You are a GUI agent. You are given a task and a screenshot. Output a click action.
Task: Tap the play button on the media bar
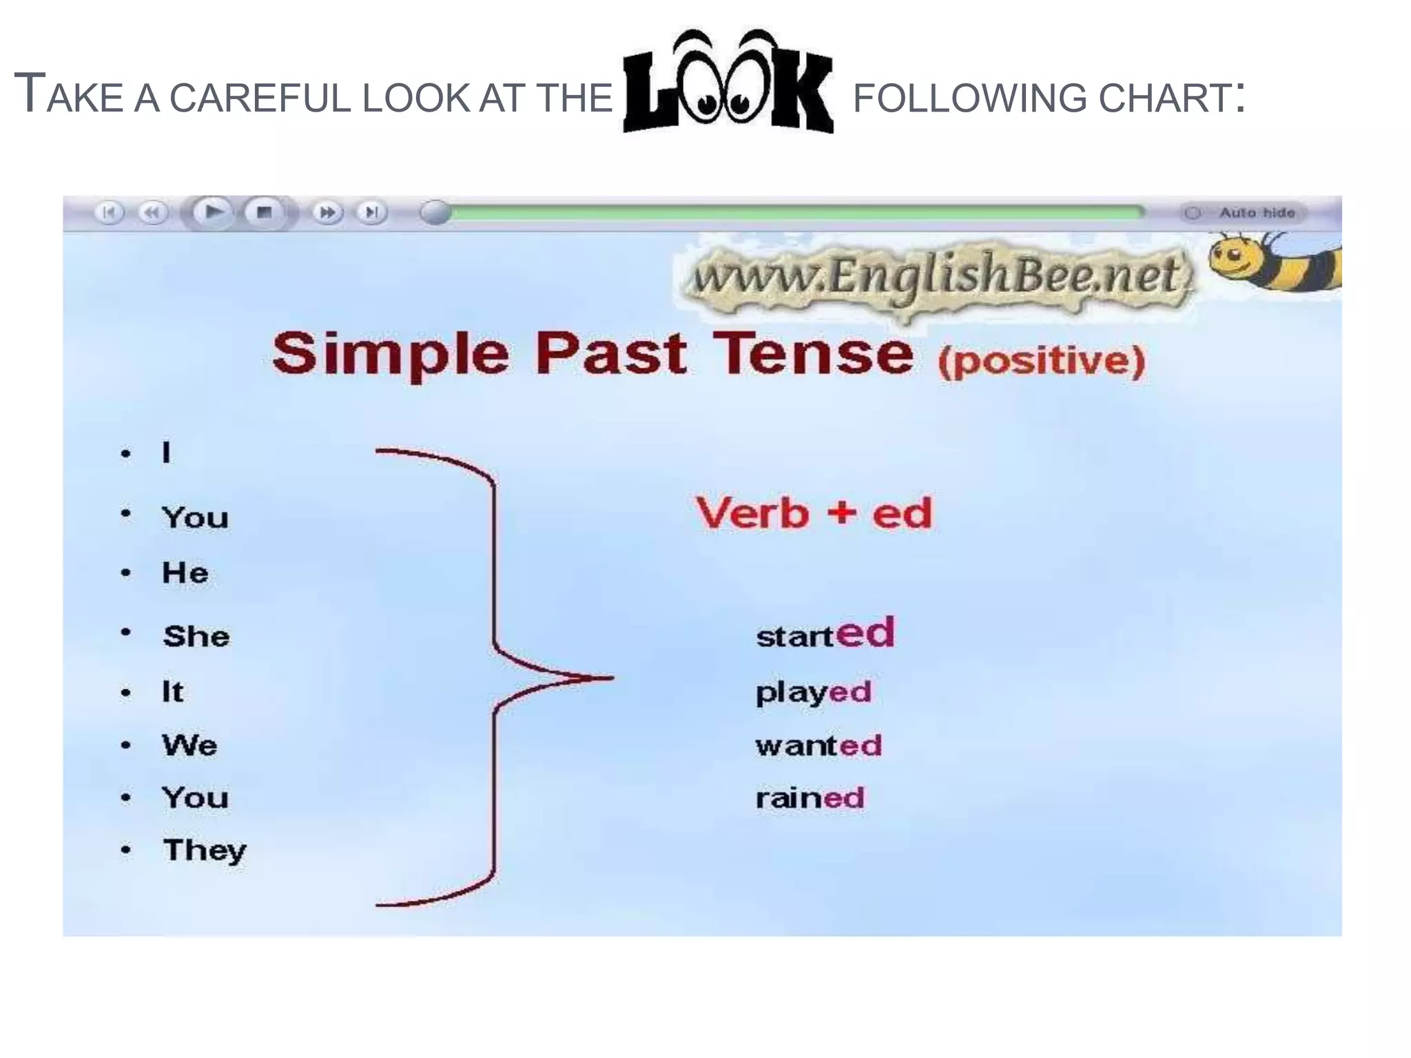pyautogui.click(x=212, y=211)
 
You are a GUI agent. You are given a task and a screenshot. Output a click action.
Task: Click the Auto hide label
pyautogui.click(x=1257, y=213)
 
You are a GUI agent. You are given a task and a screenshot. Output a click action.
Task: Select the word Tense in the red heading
pyautogui.click(x=813, y=354)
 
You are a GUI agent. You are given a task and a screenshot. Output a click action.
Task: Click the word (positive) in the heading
pyautogui.click(x=1042, y=360)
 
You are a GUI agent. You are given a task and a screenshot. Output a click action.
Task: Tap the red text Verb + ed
pyautogui.click(x=814, y=513)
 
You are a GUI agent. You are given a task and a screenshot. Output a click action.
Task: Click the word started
pyautogui.click(x=825, y=633)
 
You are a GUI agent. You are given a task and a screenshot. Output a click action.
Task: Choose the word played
pyautogui.click(x=814, y=692)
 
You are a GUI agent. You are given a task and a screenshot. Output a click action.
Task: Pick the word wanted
pyautogui.click(x=818, y=745)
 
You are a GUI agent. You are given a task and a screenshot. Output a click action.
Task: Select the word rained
pyautogui.click(x=810, y=798)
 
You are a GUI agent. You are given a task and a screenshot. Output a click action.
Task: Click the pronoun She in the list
pyautogui.click(x=196, y=636)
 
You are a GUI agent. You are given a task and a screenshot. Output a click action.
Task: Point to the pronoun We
pyautogui.click(x=189, y=745)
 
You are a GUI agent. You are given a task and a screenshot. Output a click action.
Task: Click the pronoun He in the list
pyautogui.click(x=185, y=572)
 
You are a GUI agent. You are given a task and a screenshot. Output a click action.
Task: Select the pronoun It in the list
pyautogui.click(x=172, y=692)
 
